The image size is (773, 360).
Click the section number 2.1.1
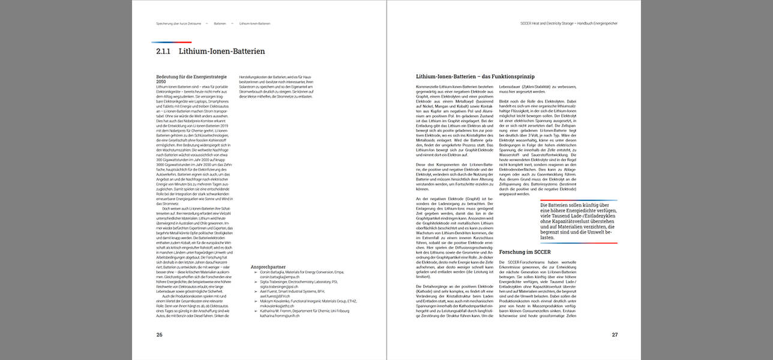tap(163, 52)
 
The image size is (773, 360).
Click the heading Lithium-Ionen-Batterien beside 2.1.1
tap(221, 52)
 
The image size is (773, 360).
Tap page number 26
tap(159, 334)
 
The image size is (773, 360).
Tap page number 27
tap(615, 334)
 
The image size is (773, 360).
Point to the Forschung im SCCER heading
tap(525, 252)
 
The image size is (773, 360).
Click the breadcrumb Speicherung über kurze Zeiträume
tap(177, 23)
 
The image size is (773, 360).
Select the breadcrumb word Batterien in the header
tap(220, 23)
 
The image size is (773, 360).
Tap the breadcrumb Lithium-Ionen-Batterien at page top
tap(254, 23)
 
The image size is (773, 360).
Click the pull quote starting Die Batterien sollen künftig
tap(579, 221)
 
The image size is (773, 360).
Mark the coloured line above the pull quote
tap(579, 200)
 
